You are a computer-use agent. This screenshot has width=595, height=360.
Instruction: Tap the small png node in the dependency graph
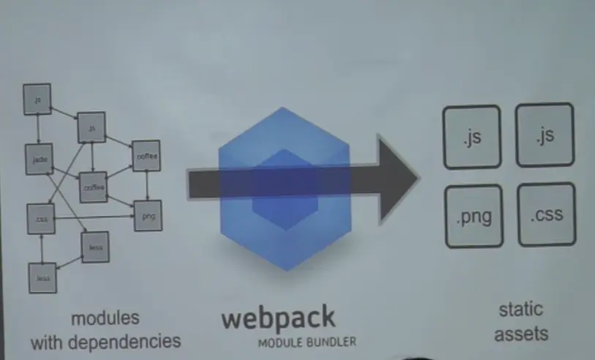pos(148,216)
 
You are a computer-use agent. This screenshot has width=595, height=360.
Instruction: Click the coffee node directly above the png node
pos(146,154)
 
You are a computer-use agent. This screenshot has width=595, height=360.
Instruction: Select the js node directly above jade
pos(37,98)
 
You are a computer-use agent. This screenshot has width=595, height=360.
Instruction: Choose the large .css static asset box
pos(546,215)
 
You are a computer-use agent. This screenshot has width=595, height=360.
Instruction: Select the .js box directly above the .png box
pos(472,137)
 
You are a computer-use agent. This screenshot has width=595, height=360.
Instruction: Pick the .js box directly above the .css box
pos(545,135)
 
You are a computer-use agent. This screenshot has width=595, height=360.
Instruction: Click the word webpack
pos(278,318)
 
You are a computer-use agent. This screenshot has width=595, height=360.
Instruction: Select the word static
pos(520,310)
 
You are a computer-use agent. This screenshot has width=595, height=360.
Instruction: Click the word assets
pos(521,334)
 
